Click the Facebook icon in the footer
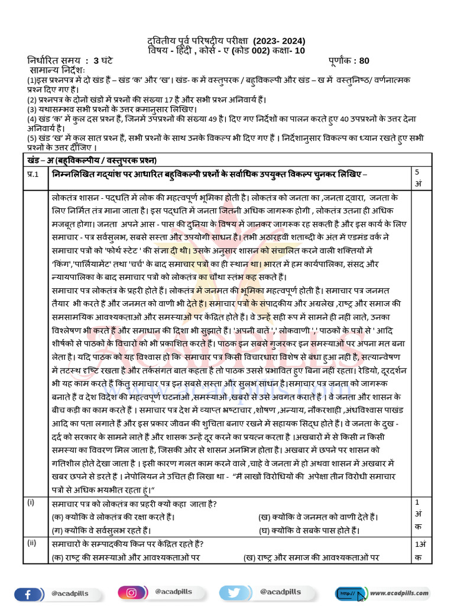(x=27, y=592)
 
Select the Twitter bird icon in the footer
(x=232, y=592)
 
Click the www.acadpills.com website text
(x=399, y=592)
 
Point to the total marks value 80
(x=364, y=60)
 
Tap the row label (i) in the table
(x=31, y=503)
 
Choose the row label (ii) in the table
(x=31, y=543)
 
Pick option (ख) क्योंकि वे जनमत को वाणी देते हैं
(x=319, y=517)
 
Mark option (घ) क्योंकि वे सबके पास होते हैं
(x=309, y=530)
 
